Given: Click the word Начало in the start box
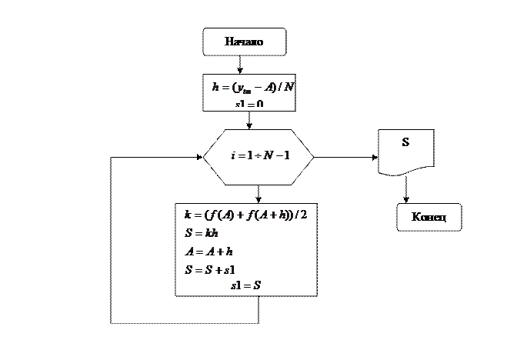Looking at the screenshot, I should pyautogui.click(x=244, y=42).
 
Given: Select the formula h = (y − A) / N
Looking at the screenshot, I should pyautogui.click(x=253, y=87).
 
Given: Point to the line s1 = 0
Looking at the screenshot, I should pyautogui.click(x=249, y=104).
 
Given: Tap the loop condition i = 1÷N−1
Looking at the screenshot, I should pyautogui.click(x=260, y=156).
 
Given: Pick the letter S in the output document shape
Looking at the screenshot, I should pyautogui.click(x=405, y=143).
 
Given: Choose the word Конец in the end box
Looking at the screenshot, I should pyautogui.click(x=429, y=218).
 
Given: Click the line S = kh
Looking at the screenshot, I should pyautogui.click(x=198, y=232).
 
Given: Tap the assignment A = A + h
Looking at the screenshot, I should pyautogui.click(x=209, y=251).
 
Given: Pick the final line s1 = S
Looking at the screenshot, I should pyautogui.click(x=245, y=285).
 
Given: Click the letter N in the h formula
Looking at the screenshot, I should pyautogui.click(x=289, y=87).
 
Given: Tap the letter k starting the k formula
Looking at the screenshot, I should pyautogui.click(x=188, y=214).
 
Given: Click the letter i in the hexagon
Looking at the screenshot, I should pyautogui.click(x=233, y=156).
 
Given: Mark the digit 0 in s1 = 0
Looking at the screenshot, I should pyautogui.click(x=261, y=104).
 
